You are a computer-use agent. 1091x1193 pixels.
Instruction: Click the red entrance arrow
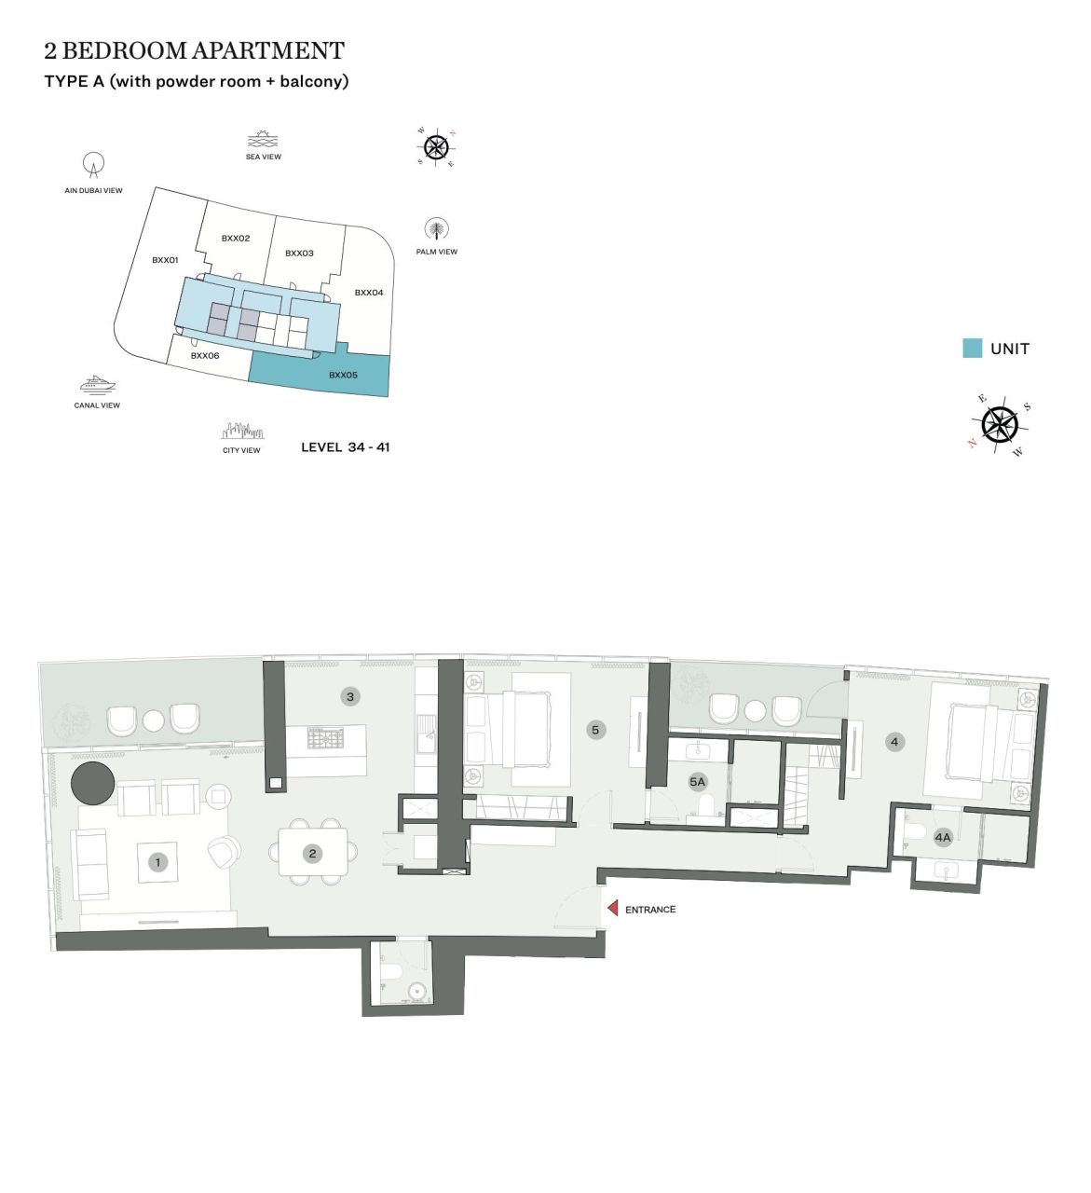(x=613, y=908)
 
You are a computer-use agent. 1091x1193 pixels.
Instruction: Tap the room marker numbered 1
(x=158, y=862)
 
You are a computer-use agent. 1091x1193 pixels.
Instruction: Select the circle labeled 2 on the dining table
(x=312, y=853)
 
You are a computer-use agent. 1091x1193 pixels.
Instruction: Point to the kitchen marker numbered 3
(x=350, y=696)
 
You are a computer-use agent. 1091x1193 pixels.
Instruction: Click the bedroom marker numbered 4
(x=894, y=742)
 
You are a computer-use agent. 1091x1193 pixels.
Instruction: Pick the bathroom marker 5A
(x=697, y=782)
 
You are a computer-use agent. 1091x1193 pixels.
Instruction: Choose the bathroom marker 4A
(x=943, y=837)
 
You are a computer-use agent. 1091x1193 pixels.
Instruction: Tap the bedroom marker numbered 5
(x=595, y=730)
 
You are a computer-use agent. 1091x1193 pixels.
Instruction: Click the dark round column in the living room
(x=93, y=783)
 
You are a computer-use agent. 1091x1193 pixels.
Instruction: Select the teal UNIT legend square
(x=972, y=349)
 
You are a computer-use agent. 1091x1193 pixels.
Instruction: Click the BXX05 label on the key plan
(x=343, y=375)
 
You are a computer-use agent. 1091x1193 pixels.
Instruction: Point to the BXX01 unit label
(x=165, y=260)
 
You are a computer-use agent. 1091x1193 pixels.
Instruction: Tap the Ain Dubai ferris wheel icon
(x=93, y=166)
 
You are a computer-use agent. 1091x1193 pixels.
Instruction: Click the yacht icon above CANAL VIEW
(x=97, y=385)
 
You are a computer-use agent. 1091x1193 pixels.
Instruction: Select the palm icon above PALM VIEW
(x=436, y=229)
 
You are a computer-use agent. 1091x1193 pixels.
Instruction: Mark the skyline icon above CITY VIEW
(x=242, y=432)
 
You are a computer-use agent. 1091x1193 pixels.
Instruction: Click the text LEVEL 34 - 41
(x=345, y=447)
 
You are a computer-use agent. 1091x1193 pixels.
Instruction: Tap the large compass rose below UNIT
(x=1000, y=425)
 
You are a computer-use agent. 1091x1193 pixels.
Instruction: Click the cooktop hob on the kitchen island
(x=325, y=738)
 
